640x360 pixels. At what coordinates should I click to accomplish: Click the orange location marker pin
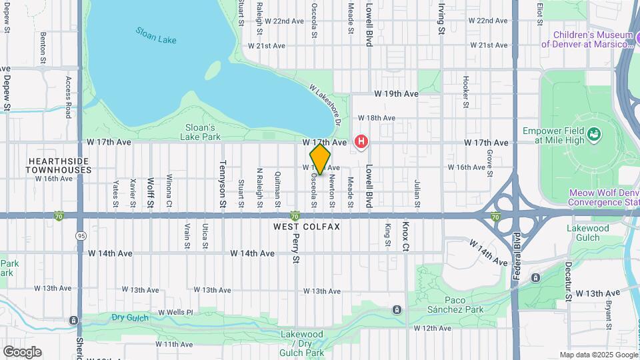click(x=320, y=159)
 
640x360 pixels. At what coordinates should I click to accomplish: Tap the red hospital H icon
click(x=361, y=141)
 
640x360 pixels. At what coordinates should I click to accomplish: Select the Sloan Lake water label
click(x=156, y=35)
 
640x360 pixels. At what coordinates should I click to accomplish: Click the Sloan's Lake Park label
click(x=200, y=132)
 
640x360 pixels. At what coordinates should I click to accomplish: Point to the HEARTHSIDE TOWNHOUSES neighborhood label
click(x=59, y=165)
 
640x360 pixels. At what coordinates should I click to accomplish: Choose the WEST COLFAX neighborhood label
click(x=307, y=227)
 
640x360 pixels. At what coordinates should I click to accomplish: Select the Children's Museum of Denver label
click(x=586, y=39)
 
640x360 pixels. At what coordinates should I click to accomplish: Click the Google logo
click(x=22, y=352)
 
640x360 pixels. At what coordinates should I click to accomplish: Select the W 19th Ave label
click(x=396, y=94)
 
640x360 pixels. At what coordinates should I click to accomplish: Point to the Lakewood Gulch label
click(x=588, y=233)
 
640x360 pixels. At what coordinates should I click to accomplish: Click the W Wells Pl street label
click(x=175, y=312)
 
